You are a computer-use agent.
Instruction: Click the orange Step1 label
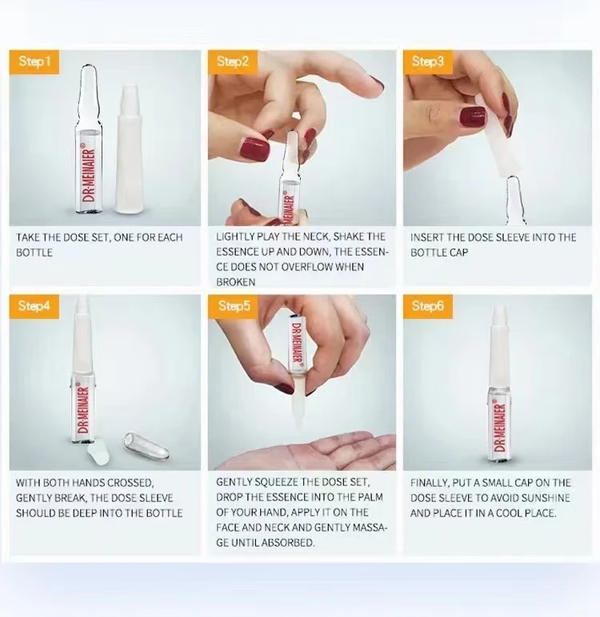click(x=34, y=62)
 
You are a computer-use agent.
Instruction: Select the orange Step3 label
click(x=428, y=62)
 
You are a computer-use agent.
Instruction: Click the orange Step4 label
click(x=34, y=307)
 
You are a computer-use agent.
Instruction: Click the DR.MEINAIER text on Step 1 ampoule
click(x=88, y=177)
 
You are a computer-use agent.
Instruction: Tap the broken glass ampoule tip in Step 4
click(x=146, y=444)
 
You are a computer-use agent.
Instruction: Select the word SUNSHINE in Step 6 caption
click(x=548, y=498)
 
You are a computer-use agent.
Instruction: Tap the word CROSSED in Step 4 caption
click(x=128, y=483)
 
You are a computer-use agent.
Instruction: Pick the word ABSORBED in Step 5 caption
click(x=290, y=542)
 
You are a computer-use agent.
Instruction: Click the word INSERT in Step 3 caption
click(x=428, y=237)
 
